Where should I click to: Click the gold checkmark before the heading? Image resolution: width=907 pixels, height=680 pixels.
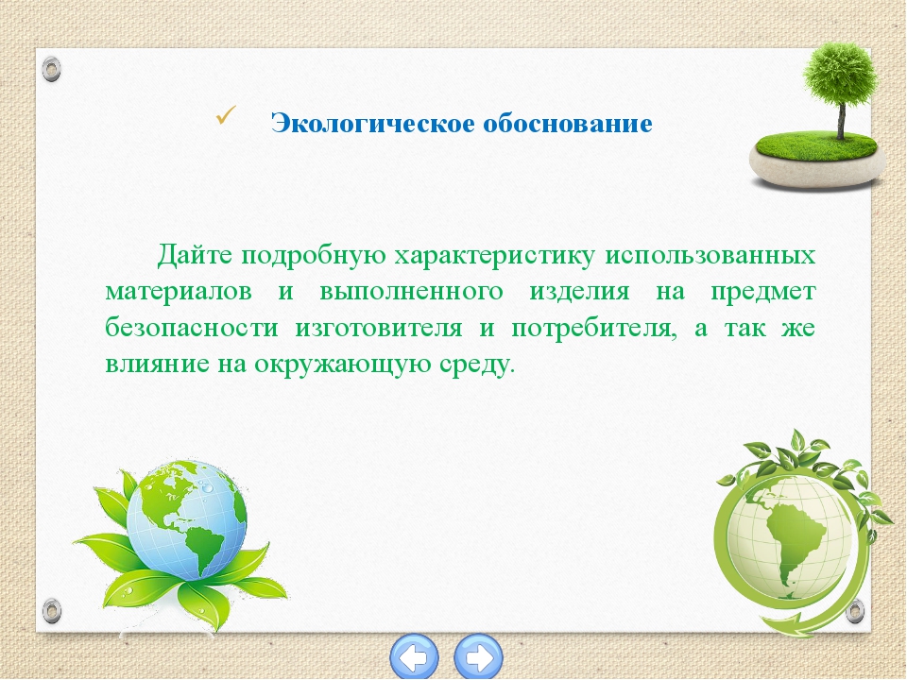coord(226,115)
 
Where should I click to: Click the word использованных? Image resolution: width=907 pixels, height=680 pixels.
coord(710,256)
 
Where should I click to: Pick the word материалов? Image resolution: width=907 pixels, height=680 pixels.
coord(179,292)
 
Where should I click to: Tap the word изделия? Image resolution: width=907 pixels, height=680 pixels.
coord(579,293)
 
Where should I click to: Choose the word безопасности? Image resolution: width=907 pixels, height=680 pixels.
coord(192,328)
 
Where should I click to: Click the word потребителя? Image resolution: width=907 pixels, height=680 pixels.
coord(594,329)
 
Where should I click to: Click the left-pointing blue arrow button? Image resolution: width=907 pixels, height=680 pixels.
coord(414,657)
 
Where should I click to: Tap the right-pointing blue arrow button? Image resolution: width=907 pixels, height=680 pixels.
coord(478,657)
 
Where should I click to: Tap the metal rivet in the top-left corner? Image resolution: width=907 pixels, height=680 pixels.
coord(51,69)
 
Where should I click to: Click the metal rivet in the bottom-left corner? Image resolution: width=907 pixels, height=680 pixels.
coord(51,611)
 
